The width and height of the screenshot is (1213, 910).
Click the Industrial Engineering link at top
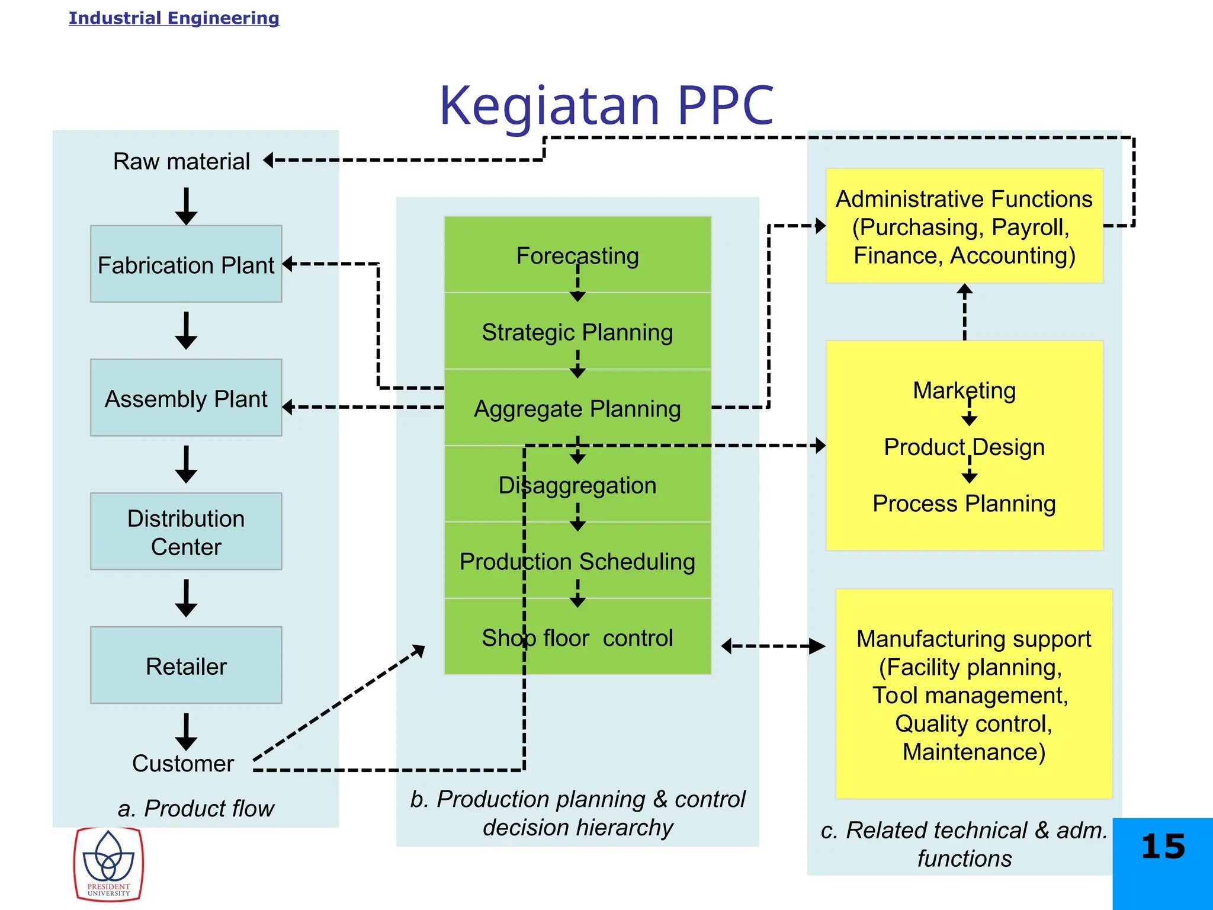174,18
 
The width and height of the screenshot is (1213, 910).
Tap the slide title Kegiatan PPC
606,105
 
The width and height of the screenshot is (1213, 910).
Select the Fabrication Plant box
186,264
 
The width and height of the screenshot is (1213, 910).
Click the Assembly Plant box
186,398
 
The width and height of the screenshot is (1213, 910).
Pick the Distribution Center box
186,531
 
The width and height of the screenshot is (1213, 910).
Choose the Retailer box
186,665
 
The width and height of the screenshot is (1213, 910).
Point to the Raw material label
181,161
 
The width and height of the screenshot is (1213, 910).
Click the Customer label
183,763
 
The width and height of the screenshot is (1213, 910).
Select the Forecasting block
577,255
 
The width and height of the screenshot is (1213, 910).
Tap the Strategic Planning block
577,332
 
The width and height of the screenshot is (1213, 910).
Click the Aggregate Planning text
577,409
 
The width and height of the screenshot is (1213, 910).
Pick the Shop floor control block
577,637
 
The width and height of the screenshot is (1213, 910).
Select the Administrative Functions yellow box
964,226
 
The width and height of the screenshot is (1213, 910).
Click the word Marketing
964,390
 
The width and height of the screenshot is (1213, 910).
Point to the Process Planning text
964,504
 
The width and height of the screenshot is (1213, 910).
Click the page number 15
1163,847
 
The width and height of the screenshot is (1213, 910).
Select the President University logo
108,864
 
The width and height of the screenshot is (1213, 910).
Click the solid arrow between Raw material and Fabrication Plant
186,206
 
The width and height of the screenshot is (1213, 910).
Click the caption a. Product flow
195,808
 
